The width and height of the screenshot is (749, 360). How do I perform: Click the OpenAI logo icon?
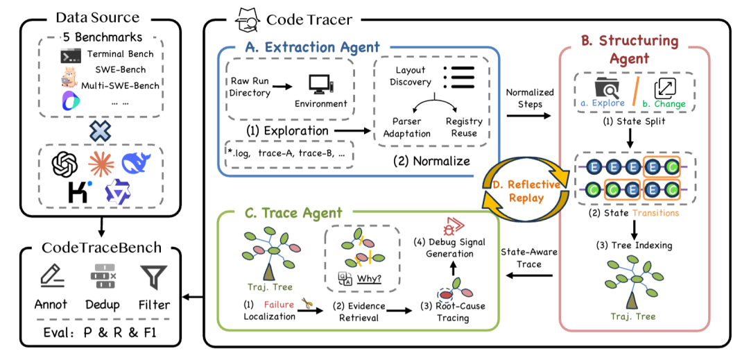[64, 164]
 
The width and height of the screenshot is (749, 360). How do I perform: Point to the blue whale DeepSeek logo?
[135, 162]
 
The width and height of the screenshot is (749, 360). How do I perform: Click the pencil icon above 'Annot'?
[50, 277]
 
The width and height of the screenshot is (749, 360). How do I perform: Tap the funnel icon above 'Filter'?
[150, 277]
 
